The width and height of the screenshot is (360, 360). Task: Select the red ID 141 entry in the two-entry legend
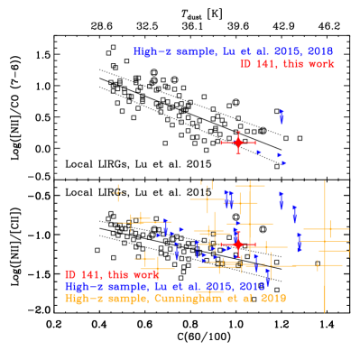[x=287, y=64]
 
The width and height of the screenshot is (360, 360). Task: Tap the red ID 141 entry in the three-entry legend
[x=111, y=274]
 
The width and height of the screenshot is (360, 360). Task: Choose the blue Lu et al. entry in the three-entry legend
[x=164, y=286]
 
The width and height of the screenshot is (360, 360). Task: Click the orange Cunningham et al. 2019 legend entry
[x=175, y=298]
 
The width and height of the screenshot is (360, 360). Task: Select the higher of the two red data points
[x=238, y=142]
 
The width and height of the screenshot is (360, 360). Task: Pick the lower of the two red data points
[x=238, y=245]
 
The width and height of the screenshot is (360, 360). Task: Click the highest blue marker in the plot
[x=282, y=115]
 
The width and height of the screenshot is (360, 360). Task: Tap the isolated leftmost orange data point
[x=117, y=191]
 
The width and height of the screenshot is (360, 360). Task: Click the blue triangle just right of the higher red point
[x=258, y=152]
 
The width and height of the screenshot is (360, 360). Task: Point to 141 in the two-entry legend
[x=265, y=64]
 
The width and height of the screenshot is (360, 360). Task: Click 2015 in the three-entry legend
[x=217, y=286]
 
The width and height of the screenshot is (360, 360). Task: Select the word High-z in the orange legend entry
[x=82, y=298]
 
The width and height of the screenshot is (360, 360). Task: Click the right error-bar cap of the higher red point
[x=255, y=142]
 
